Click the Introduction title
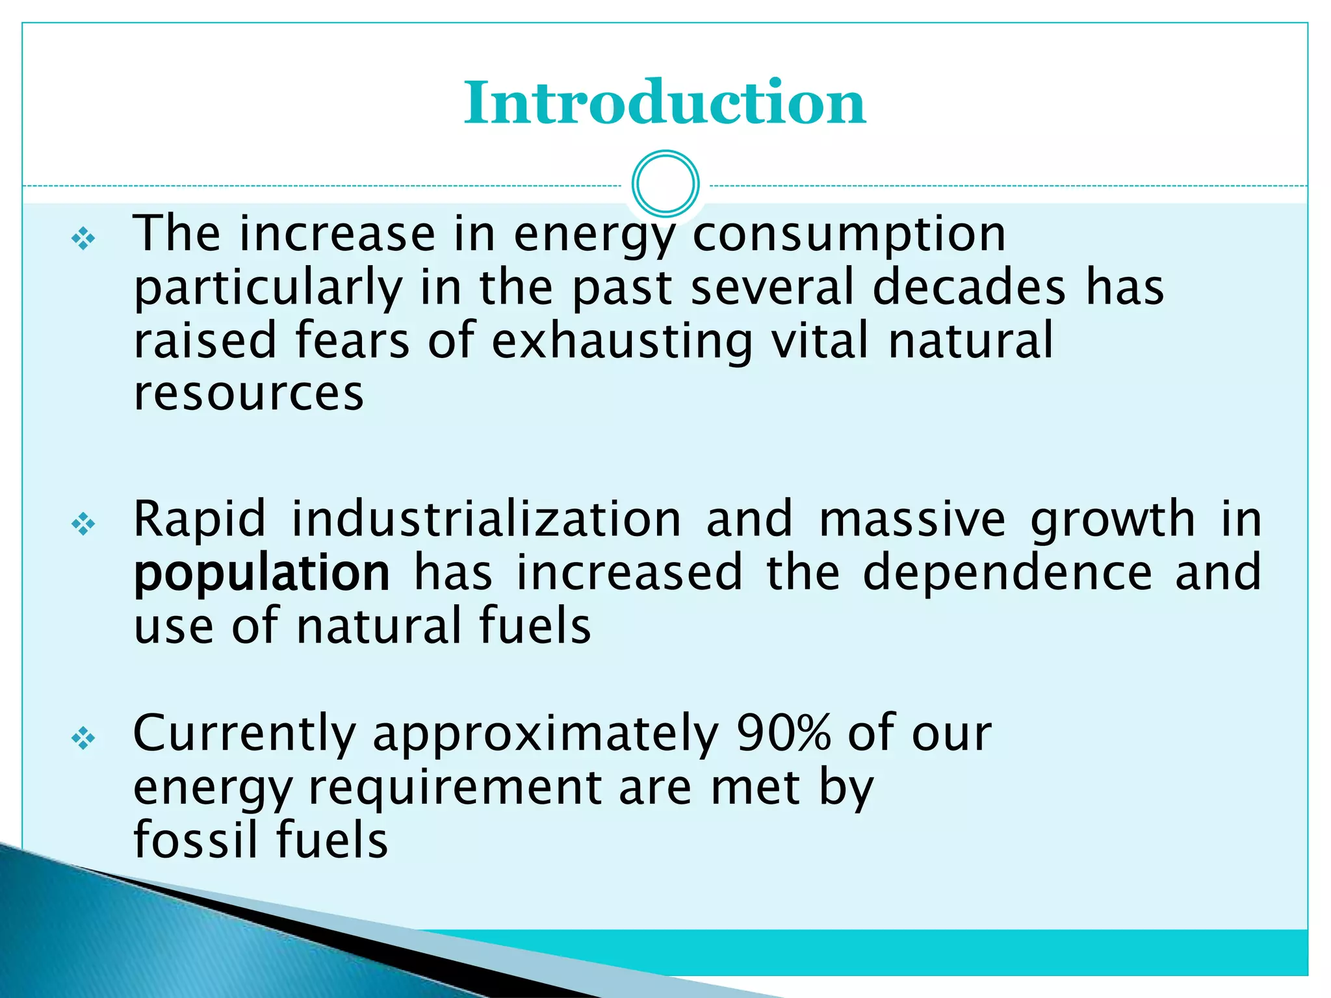(664, 103)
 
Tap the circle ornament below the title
(665, 184)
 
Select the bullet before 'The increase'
(83, 239)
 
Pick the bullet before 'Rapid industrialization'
(83, 524)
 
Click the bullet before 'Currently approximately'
(83, 738)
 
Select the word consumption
(849, 235)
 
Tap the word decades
(969, 288)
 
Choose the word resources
(248, 395)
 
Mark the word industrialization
(486, 520)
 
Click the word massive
(912, 520)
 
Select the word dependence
(1007, 573)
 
